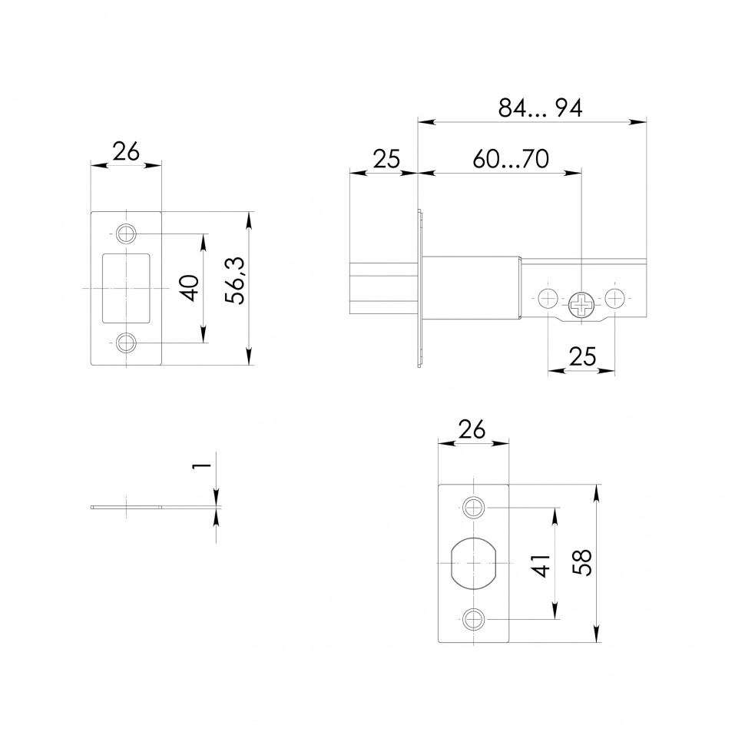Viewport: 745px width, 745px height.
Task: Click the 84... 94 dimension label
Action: click(540, 108)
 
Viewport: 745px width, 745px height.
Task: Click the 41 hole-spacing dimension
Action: click(542, 566)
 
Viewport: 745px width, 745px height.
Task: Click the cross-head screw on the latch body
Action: click(582, 306)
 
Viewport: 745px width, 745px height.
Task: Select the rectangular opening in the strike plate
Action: click(126, 287)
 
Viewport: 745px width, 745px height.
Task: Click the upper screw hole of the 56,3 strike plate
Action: click(126, 233)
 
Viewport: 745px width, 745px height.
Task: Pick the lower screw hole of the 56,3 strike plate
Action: click(126, 343)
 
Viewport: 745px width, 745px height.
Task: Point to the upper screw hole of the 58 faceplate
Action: click(474, 507)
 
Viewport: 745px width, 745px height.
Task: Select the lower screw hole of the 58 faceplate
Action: click(474, 617)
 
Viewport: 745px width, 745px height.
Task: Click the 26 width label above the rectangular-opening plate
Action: click(126, 152)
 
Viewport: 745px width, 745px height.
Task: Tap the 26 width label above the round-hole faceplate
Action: click(472, 430)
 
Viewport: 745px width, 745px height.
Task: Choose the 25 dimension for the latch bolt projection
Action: click(386, 159)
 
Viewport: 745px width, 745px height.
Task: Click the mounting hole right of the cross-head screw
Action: click(615, 298)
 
